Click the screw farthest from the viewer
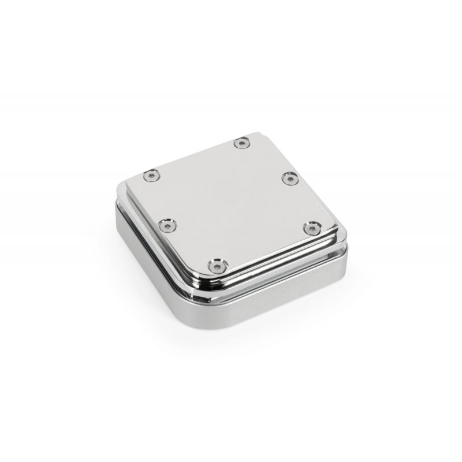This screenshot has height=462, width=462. pyautogui.click(x=241, y=141)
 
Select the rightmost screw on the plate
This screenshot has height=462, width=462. pyautogui.click(x=312, y=229)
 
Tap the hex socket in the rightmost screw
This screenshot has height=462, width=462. pyautogui.click(x=312, y=229)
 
